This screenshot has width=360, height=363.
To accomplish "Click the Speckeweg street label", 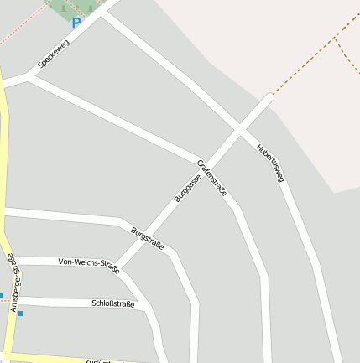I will [53, 54].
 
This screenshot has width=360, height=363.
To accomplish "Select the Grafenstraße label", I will [212, 177].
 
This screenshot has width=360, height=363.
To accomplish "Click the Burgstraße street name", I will [147, 238].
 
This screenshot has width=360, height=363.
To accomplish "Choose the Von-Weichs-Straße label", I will [89, 265].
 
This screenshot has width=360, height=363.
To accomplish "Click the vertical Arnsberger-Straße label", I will [12, 283].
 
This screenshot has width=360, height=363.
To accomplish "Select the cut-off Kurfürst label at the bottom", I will [98, 360].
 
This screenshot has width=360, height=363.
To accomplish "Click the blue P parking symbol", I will [76, 23].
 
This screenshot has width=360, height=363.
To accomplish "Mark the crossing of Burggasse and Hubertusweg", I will [240, 129].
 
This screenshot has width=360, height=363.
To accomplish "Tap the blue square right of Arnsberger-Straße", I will [20, 314].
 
